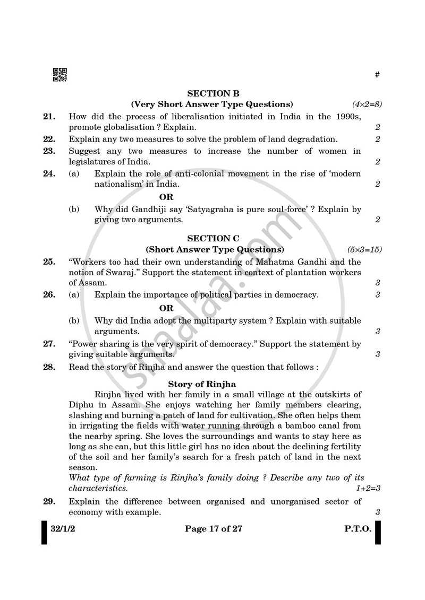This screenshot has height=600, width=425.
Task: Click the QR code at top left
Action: point(59,75)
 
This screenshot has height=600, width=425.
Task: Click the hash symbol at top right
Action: point(377,75)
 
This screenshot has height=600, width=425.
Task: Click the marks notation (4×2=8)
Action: point(367,104)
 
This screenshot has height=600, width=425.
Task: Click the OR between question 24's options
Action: point(166,197)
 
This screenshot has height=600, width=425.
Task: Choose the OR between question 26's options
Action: point(166,308)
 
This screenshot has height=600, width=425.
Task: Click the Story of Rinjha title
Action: point(202,384)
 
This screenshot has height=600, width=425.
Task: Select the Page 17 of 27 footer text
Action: point(213,529)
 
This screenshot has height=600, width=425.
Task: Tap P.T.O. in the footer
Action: point(357,529)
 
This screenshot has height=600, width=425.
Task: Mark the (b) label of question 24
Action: point(74,210)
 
